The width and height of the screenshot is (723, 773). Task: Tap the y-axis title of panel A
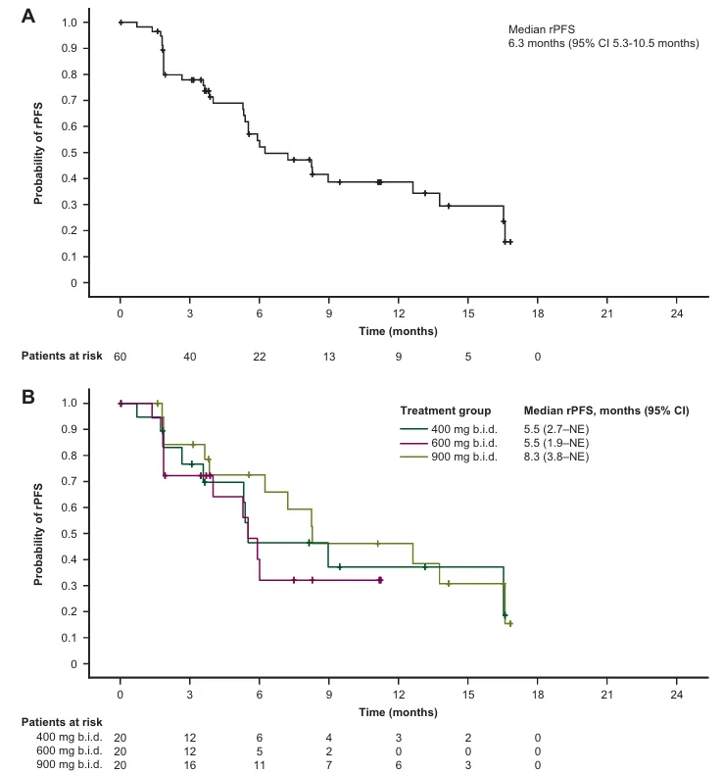tap(40, 153)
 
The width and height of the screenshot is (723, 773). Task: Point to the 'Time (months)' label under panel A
tap(398, 330)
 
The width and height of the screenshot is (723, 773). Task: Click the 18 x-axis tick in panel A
tap(537, 314)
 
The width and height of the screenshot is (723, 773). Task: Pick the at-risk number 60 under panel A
tap(120, 357)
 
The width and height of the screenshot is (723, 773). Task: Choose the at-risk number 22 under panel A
tap(260, 357)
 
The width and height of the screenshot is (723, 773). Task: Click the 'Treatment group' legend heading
tap(445, 411)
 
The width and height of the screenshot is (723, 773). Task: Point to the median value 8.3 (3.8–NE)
tap(555, 457)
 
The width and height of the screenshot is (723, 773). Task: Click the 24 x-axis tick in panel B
tap(676, 696)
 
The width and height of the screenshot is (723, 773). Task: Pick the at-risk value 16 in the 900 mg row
tap(190, 765)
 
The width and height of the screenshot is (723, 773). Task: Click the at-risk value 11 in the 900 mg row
tap(260, 765)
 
